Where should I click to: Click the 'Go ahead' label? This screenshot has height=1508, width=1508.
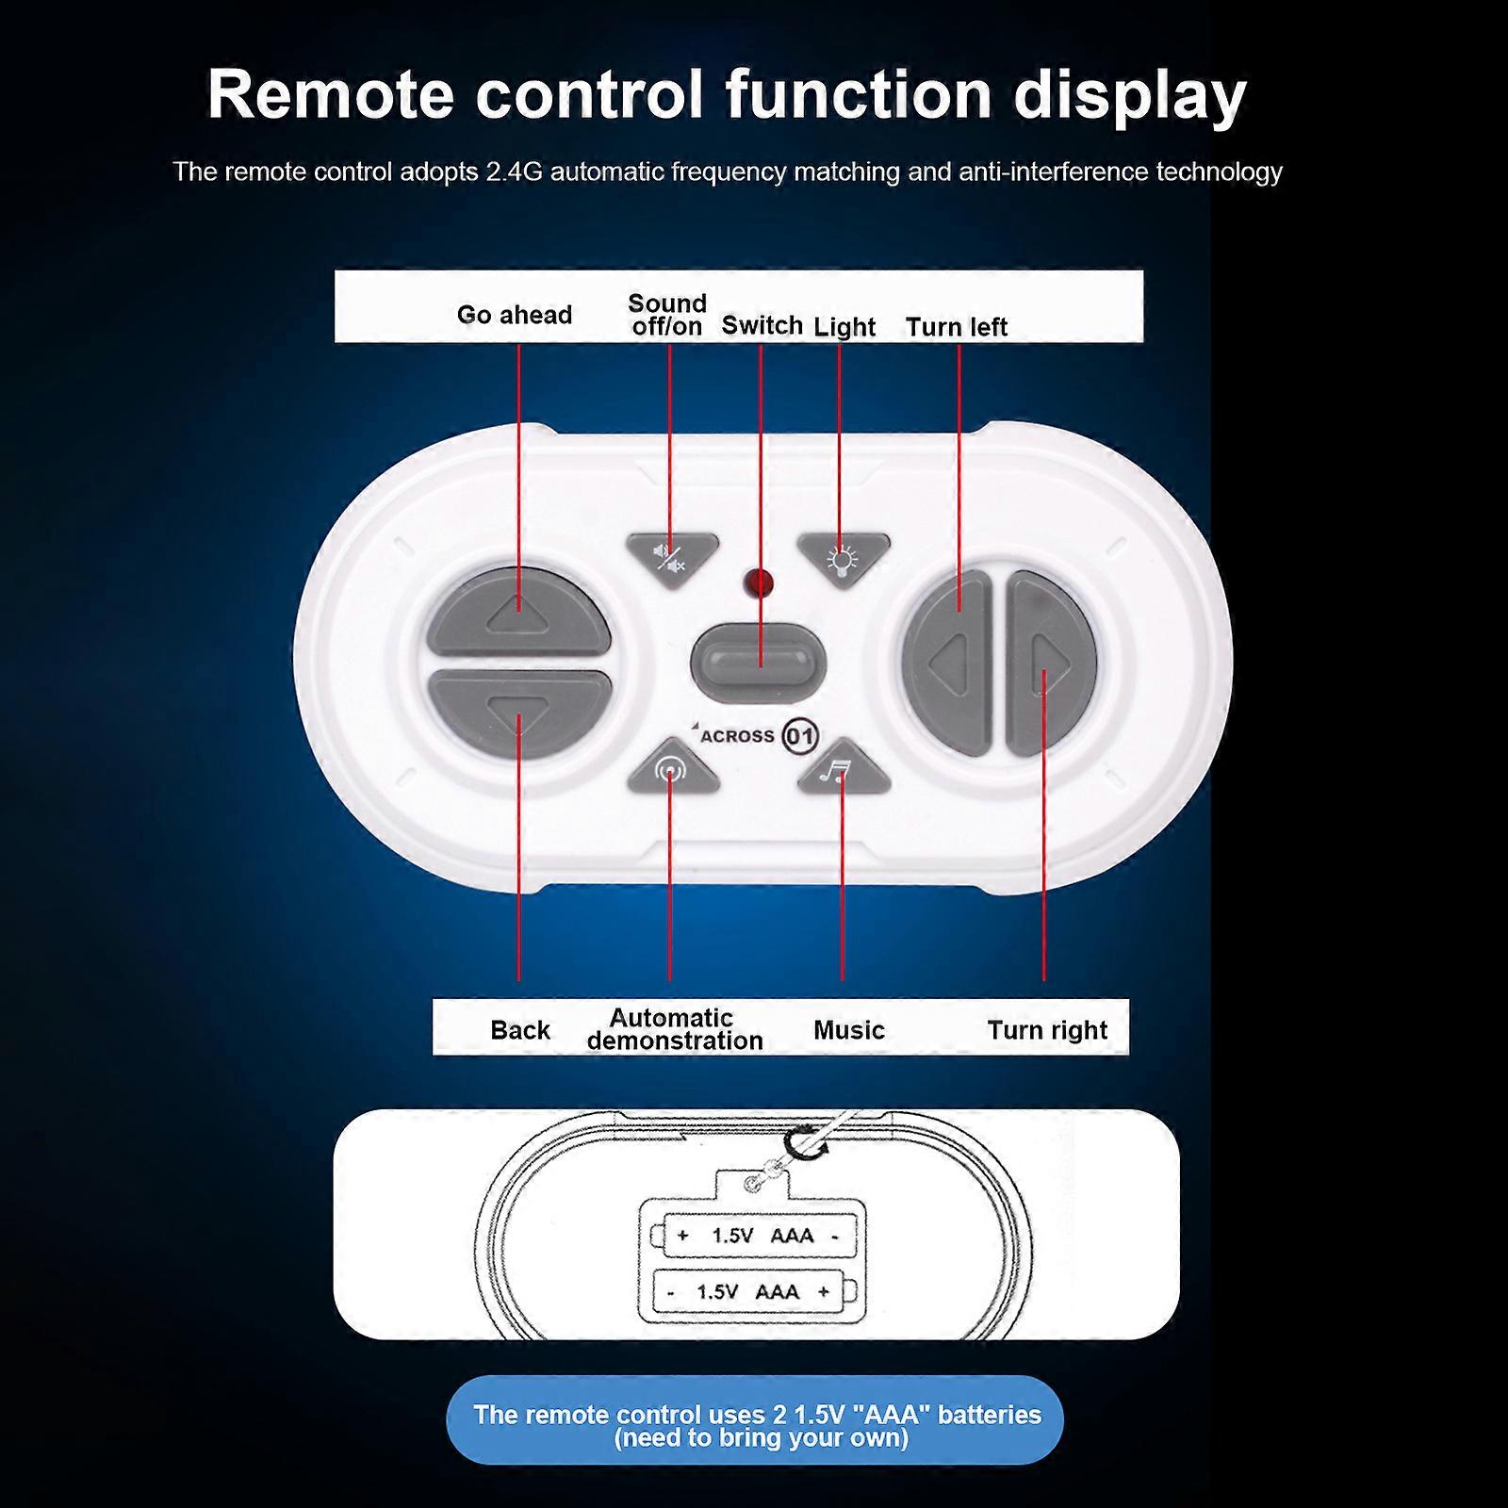click(514, 315)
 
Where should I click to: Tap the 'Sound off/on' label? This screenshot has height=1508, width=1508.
click(667, 315)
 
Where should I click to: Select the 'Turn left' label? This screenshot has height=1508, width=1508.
click(956, 327)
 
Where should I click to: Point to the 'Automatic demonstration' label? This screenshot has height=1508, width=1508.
click(674, 1029)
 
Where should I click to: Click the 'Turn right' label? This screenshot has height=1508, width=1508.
click(1046, 1030)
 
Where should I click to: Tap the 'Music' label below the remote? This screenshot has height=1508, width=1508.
click(848, 1030)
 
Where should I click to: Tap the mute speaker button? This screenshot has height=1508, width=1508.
click(672, 558)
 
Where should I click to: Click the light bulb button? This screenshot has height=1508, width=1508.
click(843, 558)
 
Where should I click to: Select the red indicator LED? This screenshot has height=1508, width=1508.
click(758, 582)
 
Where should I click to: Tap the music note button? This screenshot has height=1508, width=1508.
click(842, 769)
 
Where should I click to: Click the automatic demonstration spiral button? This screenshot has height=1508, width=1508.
click(671, 769)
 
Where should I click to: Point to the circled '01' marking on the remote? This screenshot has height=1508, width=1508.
click(800, 736)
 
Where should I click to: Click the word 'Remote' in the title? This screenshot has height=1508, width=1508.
click(330, 94)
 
